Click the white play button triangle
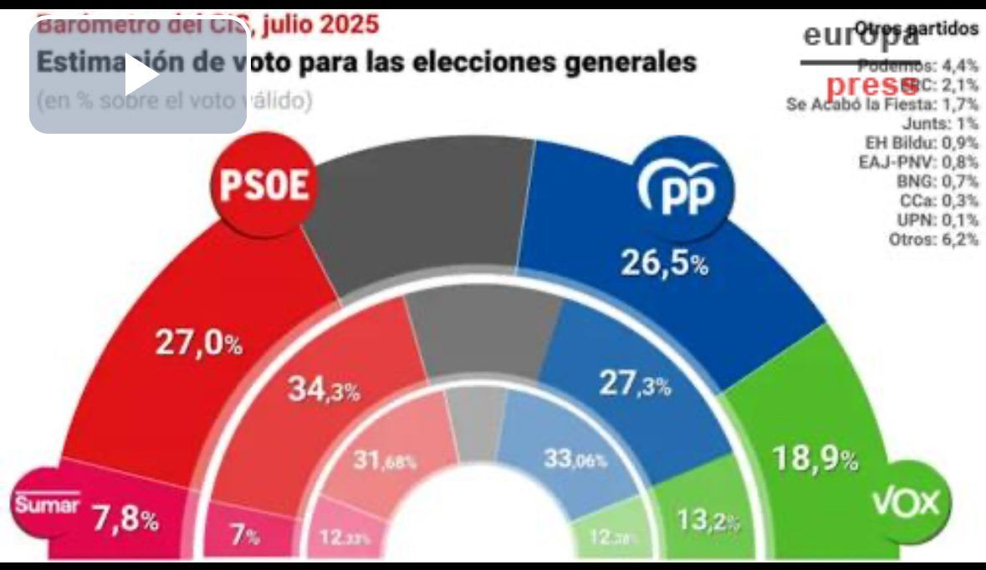(143, 77)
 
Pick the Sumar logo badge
(47, 505)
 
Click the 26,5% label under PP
(664, 264)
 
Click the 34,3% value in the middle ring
(324, 389)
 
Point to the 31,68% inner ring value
(384, 461)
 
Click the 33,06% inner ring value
(575, 459)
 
